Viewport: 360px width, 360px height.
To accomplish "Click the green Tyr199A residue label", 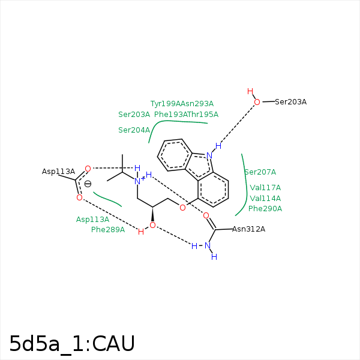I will click(x=166, y=103).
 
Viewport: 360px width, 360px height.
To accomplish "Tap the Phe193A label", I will click(x=169, y=114).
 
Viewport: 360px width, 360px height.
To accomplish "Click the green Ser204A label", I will click(x=134, y=130).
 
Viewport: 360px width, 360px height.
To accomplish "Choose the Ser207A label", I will click(x=260, y=172).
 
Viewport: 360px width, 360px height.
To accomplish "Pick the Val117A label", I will click(x=265, y=187).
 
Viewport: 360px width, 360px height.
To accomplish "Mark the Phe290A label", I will click(x=265, y=209).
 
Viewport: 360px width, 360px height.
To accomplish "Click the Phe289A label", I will click(x=108, y=229).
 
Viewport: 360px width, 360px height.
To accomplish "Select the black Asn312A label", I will click(x=248, y=229).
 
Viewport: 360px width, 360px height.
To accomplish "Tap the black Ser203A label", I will click(x=290, y=102).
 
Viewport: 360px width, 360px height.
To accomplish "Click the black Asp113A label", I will click(x=58, y=172).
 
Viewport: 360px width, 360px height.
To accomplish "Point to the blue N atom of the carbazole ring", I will click(x=209, y=155).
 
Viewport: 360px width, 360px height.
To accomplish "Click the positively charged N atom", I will click(x=137, y=181).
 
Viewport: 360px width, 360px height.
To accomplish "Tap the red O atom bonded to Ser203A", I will click(x=257, y=102).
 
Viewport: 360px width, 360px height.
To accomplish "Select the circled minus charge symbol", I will click(x=88, y=184).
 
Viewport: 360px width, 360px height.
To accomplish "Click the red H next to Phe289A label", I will click(x=141, y=232).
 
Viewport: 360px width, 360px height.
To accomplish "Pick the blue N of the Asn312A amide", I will click(x=208, y=245).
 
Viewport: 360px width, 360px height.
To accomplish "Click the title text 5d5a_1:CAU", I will click(x=72, y=343).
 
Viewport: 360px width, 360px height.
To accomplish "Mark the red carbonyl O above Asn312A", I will click(x=206, y=215).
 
